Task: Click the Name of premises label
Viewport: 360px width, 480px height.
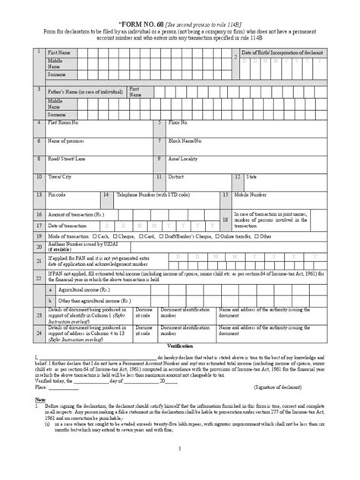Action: pyautogui.click(x=68, y=141)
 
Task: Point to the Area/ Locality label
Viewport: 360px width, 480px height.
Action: pyautogui.click(x=185, y=159)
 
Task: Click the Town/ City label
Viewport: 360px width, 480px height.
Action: pyautogui.click(x=60, y=176)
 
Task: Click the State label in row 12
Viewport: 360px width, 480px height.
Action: pyautogui.click(x=253, y=176)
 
